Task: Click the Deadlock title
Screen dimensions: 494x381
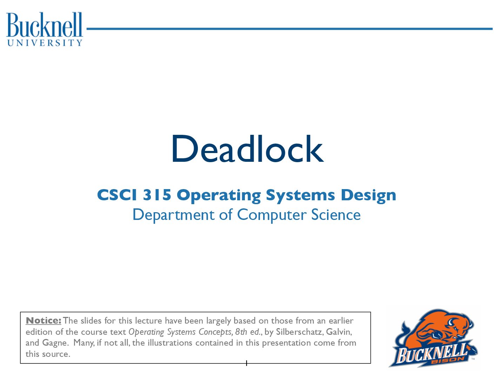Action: click(247, 149)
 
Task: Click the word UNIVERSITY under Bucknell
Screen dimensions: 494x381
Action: click(45, 43)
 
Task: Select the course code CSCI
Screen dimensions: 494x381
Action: click(117, 195)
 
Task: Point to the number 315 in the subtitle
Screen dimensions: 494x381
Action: click(157, 195)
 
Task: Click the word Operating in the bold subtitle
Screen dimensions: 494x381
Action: click(219, 196)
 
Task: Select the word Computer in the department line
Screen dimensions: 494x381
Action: click(272, 215)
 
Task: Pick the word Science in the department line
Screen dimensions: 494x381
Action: click(336, 214)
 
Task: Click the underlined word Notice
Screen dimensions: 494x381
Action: click(43, 320)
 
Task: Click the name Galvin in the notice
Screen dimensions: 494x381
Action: click(339, 332)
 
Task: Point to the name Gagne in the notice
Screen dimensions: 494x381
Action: click(55, 343)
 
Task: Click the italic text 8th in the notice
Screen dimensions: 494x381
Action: click(241, 332)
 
